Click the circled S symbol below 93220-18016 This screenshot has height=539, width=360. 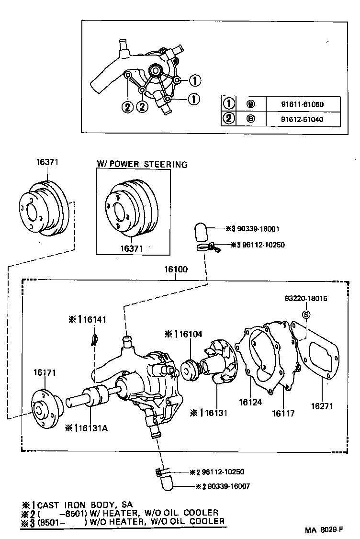click(306, 314)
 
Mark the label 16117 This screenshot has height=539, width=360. click(283, 413)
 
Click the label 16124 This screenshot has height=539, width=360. click(251, 403)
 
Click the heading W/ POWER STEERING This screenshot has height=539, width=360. click(142, 165)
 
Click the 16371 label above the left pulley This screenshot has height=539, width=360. click(47, 162)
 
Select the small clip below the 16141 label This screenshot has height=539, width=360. click(95, 339)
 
